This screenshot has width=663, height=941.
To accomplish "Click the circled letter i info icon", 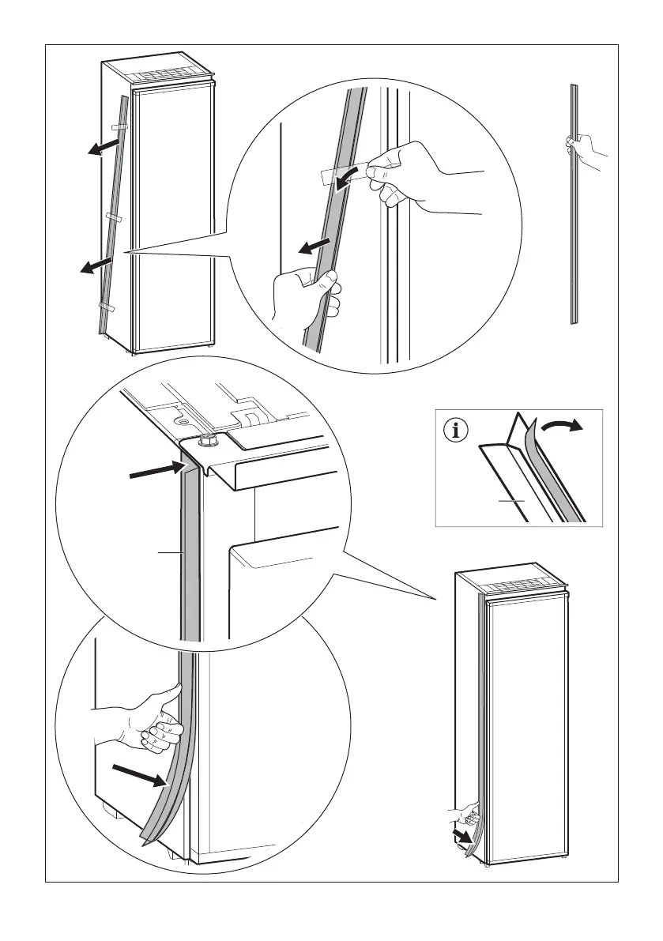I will coord(456,431).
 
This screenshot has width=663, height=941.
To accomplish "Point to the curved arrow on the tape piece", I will coord(345,179).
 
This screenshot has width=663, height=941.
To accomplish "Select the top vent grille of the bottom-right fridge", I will coord(524,587).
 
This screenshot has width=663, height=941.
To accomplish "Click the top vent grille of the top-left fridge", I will coord(172,73).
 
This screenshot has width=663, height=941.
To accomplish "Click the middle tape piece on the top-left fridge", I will coord(112,216).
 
